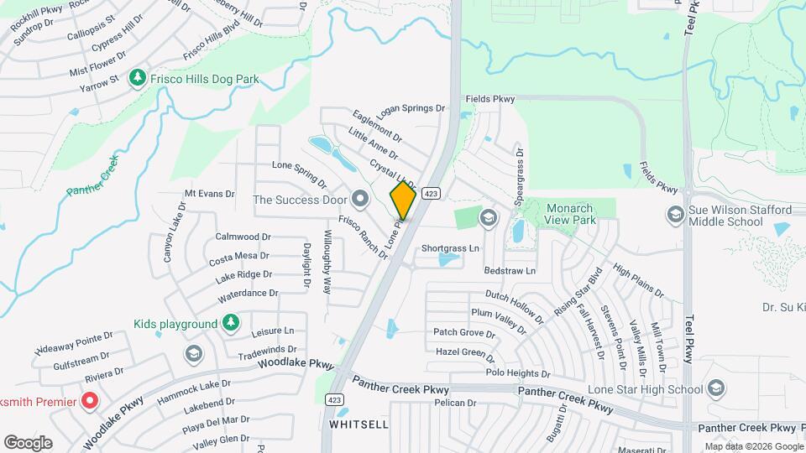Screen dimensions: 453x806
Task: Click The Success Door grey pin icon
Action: click(x=361, y=199)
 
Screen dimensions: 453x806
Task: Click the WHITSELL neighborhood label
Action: click(x=359, y=424)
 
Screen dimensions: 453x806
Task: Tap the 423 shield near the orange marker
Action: click(x=431, y=193)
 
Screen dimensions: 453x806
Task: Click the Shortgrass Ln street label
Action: click(x=450, y=248)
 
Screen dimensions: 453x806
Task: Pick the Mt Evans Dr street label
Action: click(x=209, y=193)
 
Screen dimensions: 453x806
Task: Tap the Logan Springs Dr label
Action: click(x=411, y=109)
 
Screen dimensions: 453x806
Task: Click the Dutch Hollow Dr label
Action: click(x=515, y=301)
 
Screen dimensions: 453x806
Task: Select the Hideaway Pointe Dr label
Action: click(x=74, y=341)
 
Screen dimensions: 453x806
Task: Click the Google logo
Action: click(x=28, y=442)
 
